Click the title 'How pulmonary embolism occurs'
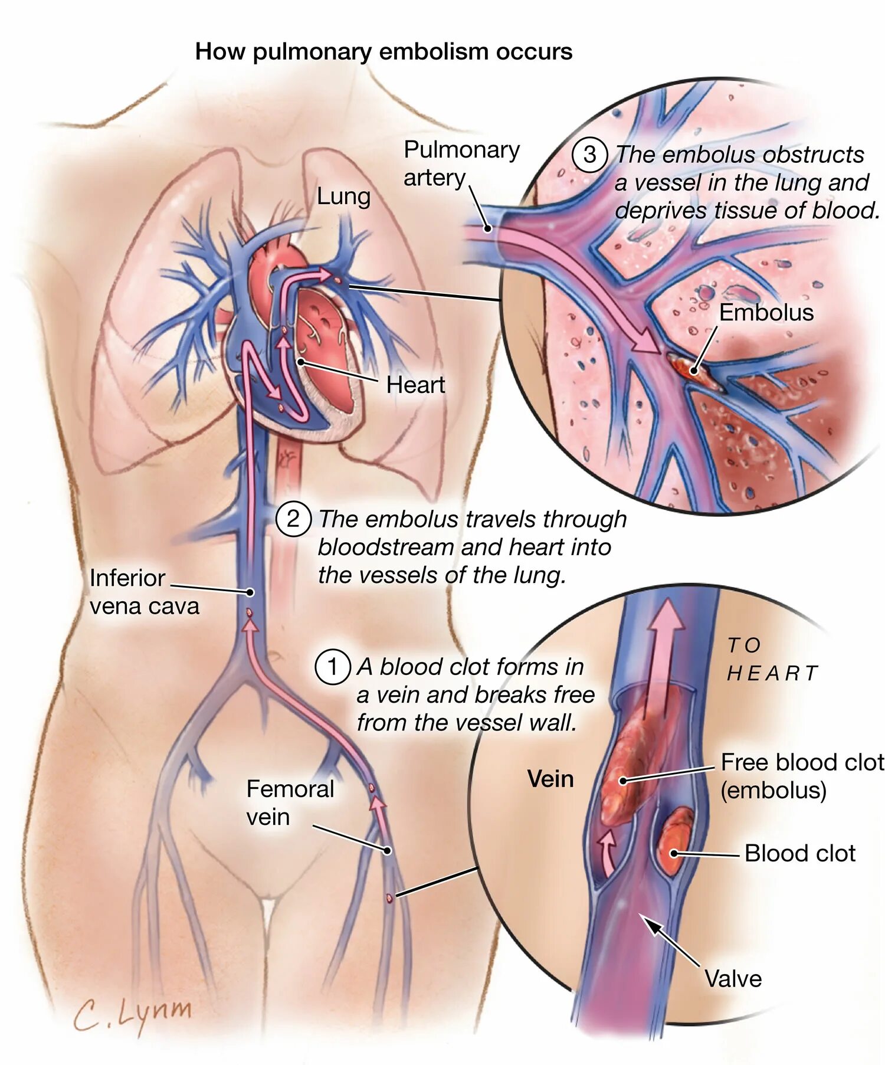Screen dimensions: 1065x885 pos(383,51)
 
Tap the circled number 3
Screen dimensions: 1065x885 pos(589,155)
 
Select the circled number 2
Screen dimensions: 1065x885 pos(293,519)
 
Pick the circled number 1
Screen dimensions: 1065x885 pos(332,667)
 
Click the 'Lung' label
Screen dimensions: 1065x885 pos(343,196)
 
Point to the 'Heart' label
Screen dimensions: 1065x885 pos(415,385)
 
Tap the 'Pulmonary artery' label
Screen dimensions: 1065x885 pos(461,163)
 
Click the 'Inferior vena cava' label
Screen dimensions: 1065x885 pos(144,592)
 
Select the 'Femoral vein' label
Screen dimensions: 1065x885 pos(290,802)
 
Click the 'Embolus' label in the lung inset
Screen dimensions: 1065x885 pos(766,312)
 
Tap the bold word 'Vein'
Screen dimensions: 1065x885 pos(550,779)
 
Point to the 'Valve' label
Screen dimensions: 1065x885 pos(733,978)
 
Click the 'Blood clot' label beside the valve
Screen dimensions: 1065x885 pos(799,853)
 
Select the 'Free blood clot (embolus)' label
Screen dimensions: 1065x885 pos(801,776)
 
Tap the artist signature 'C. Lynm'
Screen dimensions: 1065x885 pos(133,1014)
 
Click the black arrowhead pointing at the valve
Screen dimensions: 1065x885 pos(651,925)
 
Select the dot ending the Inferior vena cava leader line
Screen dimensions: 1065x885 pos(250,592)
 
